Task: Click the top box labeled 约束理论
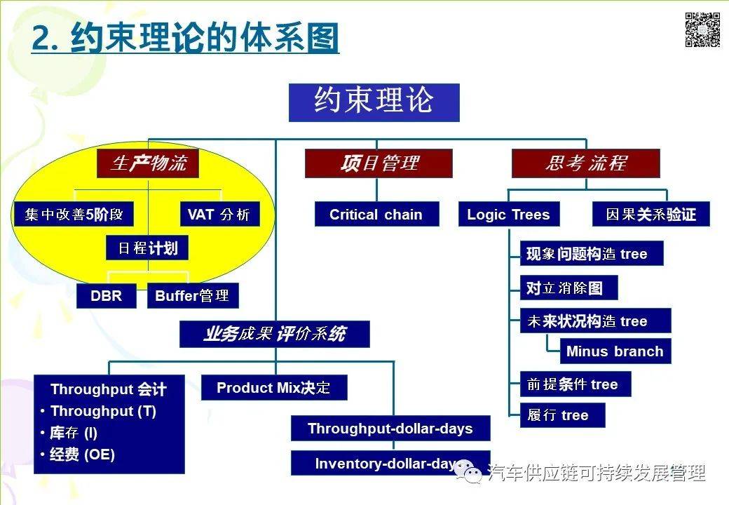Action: click(x=374, y=102)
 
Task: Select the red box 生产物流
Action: click(x=148, y=164)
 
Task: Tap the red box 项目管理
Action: click(x=379, y=163)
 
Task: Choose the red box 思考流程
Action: click(x=585, y=163)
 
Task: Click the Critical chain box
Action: click(x=376, y=215)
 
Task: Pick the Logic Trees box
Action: click(x=508, y=215)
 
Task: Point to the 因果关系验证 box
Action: click(x=650, y=215)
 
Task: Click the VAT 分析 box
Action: click(x=218, y=215)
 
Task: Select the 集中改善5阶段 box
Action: click(x=73, y=215)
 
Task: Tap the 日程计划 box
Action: click(x=148, y=249)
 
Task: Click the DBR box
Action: click(x=106, y=295)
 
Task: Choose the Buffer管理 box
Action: click(x=193, y=295)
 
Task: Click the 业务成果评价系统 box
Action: click(x=274, y=334)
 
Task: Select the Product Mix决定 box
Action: click(x=273, y=388)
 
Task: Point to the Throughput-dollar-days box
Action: click(x=390, y=429)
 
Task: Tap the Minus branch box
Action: click(x=615, y=351)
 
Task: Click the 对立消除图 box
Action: click(x=568, y=288)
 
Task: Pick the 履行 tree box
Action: click(x=562, y=415)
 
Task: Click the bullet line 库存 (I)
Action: click(x=74, y=433)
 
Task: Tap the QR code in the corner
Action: click(x=702, y=30)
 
